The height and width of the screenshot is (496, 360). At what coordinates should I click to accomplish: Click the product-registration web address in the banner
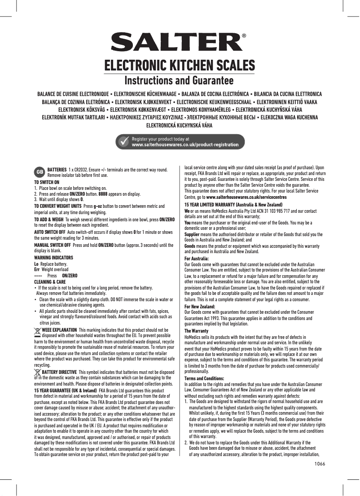(x=184, y=145)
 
